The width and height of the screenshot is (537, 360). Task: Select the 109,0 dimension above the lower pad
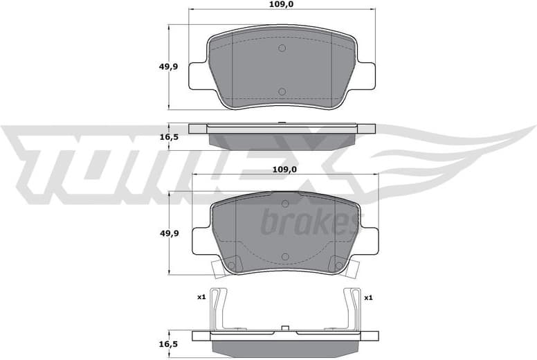pyautogui.click(x=283, y=169)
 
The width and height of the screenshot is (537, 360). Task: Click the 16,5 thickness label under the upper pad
pyautogui.click(x=170, y=137)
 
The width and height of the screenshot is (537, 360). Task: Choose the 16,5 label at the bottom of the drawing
pyautogui.click(x=170, y=342)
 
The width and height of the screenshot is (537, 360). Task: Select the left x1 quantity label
pyautogui.click(x=201, y=298)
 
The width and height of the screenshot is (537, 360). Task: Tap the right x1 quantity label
pyautogui.click(x=367, y=298)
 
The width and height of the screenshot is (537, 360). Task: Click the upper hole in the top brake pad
pyautogui.click(x=282, y=48)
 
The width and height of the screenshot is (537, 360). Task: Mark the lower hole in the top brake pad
pyautogui.click(x=282, y=91)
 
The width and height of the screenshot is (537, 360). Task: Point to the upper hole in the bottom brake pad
pyautogui.click(x=284, y=203)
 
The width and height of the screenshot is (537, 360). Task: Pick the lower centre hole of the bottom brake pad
pyautogui.click(x=284, y=256)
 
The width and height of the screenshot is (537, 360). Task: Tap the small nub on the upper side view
pyautogui.click(x=282, y=124)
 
